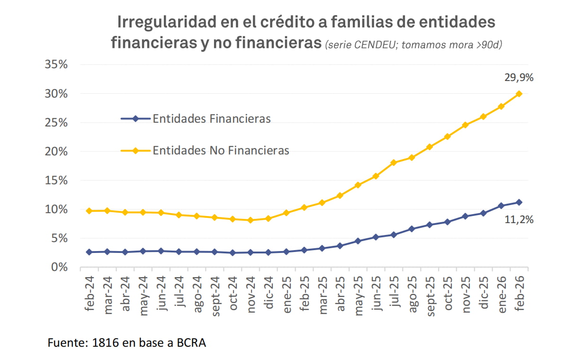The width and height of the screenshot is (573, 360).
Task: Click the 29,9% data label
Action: tap(519, 78)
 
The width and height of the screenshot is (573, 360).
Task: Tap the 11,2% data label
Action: tap(519, 219)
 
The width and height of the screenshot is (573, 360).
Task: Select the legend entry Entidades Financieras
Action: tap(211, 118)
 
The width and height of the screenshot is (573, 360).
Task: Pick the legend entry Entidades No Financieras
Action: tap(221, 151)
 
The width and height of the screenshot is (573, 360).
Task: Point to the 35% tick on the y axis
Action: tap(56, 65)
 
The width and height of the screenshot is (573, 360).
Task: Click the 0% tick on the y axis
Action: tap(59, 267)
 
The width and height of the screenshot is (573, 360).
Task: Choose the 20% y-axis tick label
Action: tap(56, 152)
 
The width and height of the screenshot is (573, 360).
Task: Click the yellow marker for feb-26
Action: tap(519, 94)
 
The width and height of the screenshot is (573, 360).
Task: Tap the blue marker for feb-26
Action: tap(519, 202)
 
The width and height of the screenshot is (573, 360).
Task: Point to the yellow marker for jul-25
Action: tap(393, 162)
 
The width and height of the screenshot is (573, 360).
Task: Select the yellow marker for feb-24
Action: tap(89, 211)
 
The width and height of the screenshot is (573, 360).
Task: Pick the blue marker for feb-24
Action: tap(89, 252)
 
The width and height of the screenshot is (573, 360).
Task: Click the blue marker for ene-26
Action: tap(501, 206)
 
